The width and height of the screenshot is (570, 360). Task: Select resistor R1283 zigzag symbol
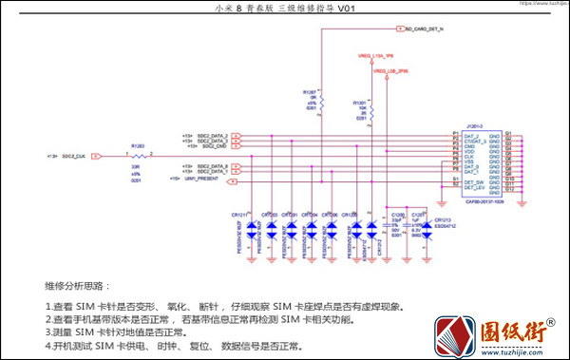click(x=138, y=154)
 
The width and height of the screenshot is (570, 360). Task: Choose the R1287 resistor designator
click(x=310, y=92)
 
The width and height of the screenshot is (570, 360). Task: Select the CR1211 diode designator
click(x=239, y=215)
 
